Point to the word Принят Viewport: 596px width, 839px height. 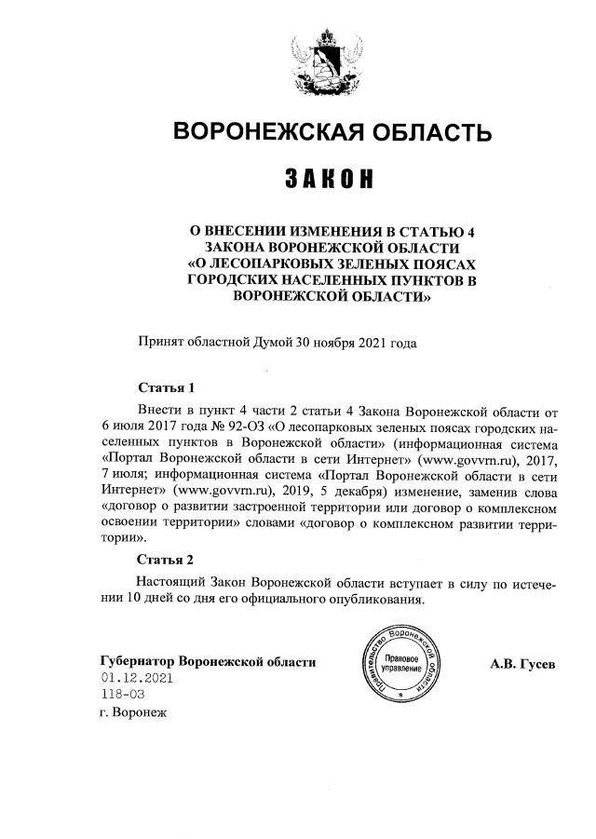[159, 342]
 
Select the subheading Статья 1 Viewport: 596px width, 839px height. [165, 387]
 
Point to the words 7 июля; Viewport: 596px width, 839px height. [121, 474]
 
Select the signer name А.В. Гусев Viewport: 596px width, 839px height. [522, 662]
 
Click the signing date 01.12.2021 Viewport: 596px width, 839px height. [139, 679]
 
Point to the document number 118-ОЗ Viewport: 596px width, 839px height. [123, 695]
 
